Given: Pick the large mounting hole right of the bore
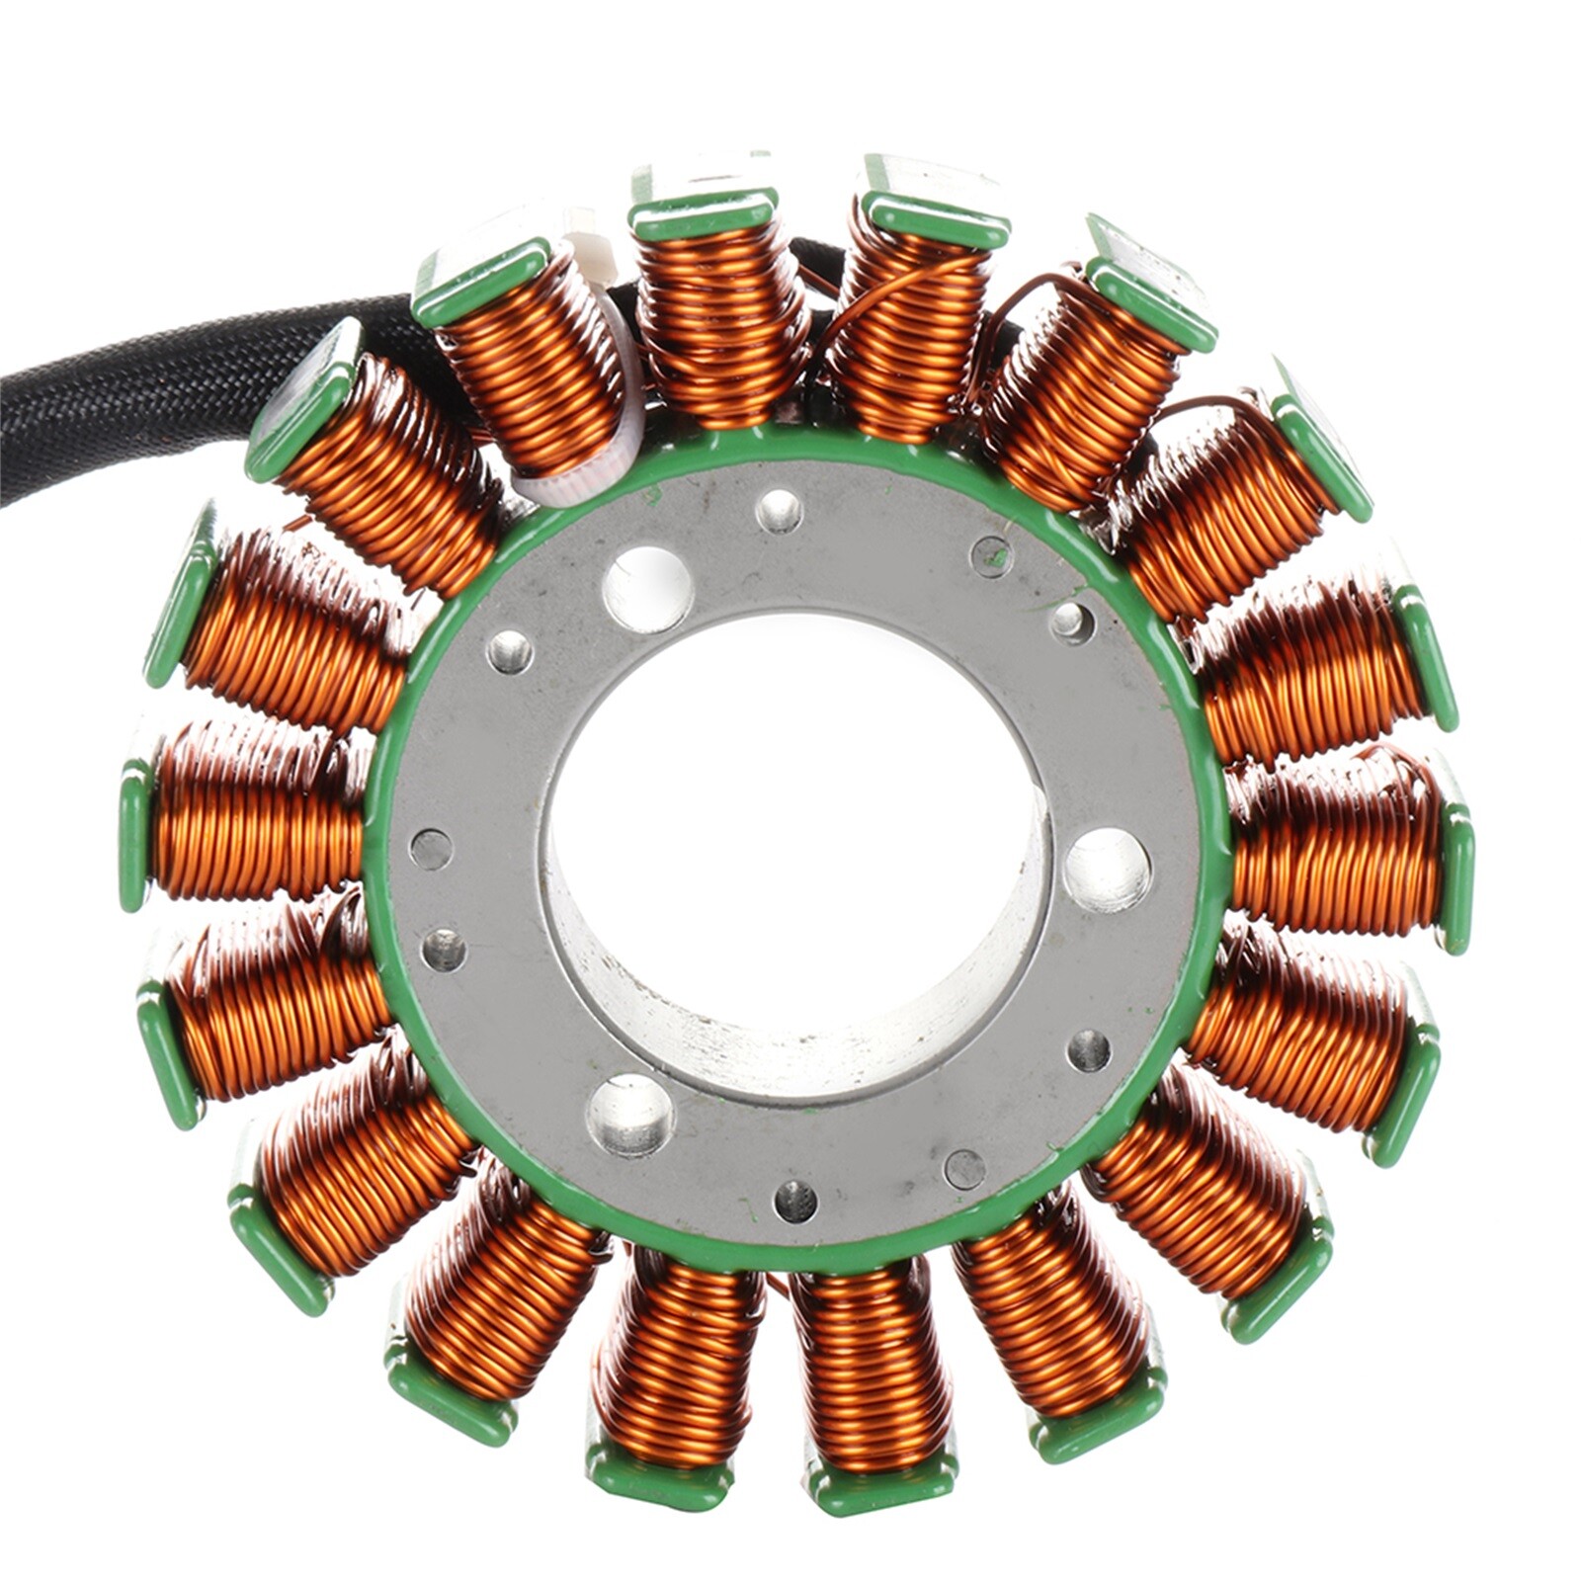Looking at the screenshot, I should click(x=1107, y=870).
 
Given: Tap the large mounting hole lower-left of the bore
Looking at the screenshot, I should click(x=629, y=1115).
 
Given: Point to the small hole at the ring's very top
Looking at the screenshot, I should click(x=779, y=510).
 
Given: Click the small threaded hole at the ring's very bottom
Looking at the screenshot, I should click(x=795, y=1201).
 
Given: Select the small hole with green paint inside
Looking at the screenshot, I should click(x=991, y=556).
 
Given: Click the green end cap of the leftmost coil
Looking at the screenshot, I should click(x=134, y=835).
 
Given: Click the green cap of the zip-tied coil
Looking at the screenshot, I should click(x=481, y=282).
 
